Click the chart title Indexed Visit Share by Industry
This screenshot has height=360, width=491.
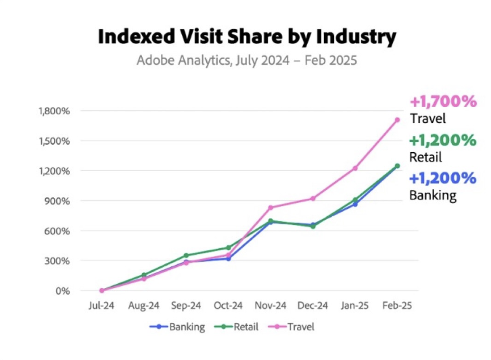[x=247, y=37]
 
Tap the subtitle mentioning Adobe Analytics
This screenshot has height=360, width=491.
[x=247, y=60]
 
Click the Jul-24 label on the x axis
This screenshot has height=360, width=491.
[x=101, y=305]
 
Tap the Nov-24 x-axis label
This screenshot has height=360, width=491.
[x=271, y=305]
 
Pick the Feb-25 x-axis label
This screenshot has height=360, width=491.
[x=397, y=305]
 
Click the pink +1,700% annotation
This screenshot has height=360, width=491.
[x=443, y=101]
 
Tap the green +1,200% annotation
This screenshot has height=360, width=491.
[x=443, y=140]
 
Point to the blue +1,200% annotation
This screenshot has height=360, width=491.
[x=443, y=178]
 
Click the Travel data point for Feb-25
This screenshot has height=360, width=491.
[x=397, y=120]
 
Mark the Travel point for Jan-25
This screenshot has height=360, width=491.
[x=355, y=168]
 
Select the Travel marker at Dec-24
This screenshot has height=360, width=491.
[x=313, y=198]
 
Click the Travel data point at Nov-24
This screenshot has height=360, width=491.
[x=271, y=207]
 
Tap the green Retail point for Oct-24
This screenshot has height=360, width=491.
[x=228, y=248]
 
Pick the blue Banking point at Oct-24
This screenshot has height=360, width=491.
[x=228, y=259]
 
